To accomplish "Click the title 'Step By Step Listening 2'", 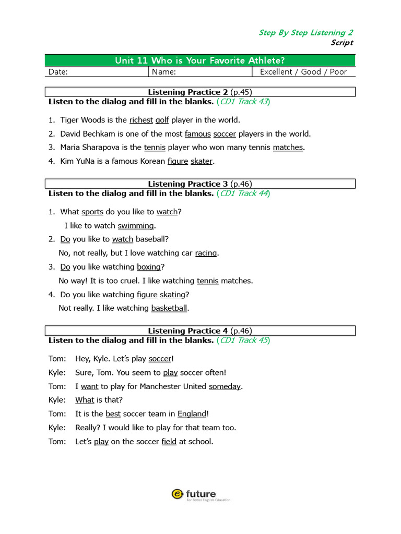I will (x=306, y=32).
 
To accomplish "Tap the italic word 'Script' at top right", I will (x=342, y=43).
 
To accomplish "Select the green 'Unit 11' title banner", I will (x=200, y=60).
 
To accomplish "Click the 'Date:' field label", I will (x=58, y=72).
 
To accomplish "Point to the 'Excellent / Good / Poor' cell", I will (x=303, y=72).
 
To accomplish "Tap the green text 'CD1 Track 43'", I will (x=243, y=102).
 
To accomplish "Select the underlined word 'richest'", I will (x=141, y=120).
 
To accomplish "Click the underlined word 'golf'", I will (x=162, y=120).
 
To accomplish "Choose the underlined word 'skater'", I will (x=202, y=161).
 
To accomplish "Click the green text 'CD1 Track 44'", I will (x=243, y=193).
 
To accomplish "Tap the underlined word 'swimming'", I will (x=136, y=226).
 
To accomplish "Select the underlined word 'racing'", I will (x=206, y=253).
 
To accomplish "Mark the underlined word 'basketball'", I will (x=169, y=308).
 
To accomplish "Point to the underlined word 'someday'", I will (x=225, y=386).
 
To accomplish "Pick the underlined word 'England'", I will (x=192, y=414).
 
